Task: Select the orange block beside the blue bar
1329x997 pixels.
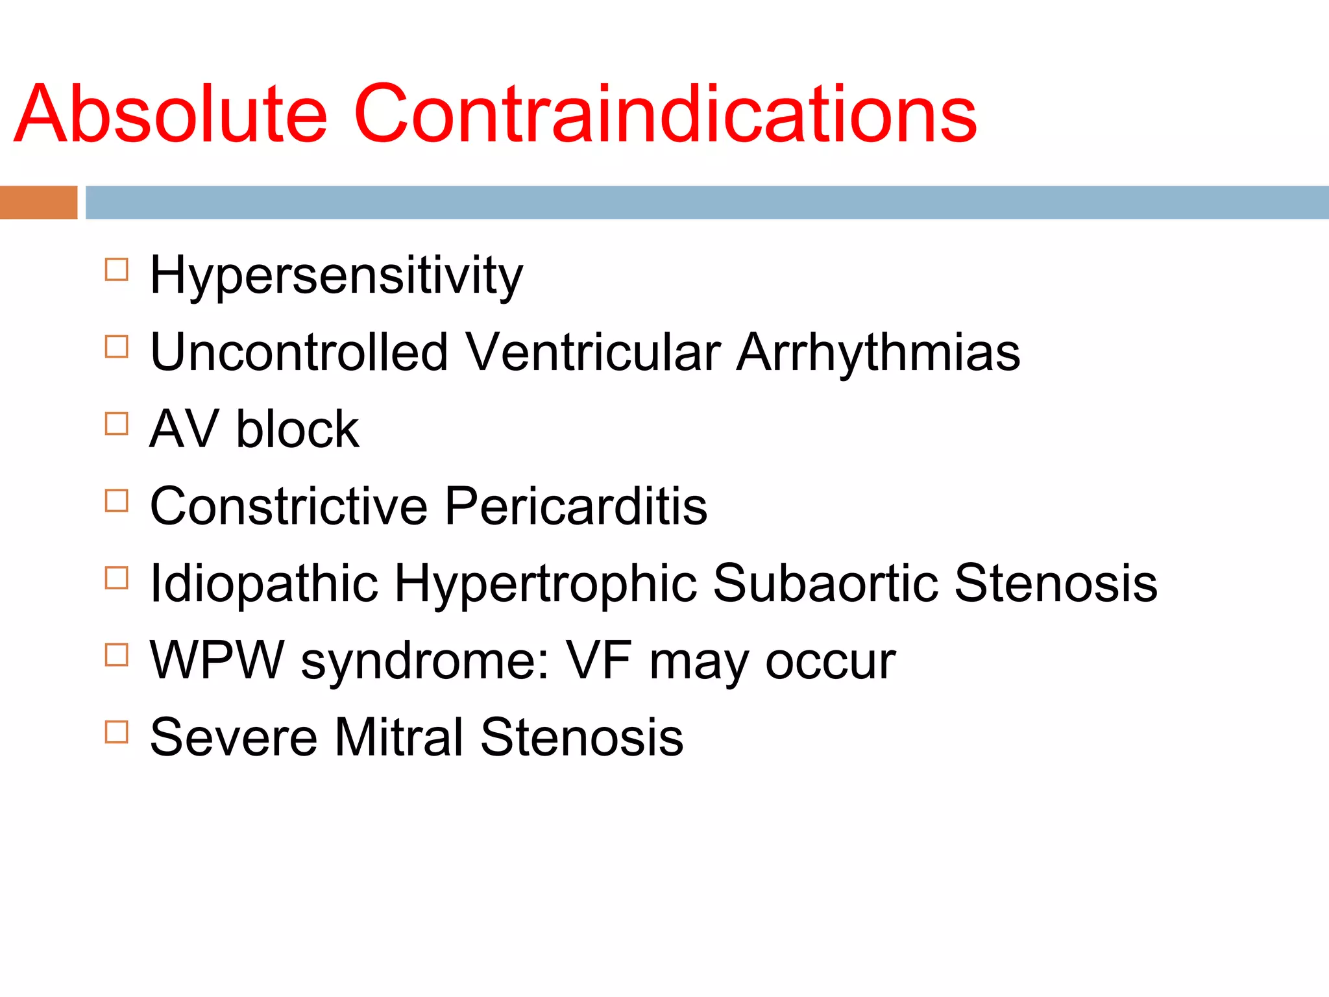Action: click(x=38, y=202)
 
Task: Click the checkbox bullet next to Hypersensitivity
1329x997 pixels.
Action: click(x=116, y=269)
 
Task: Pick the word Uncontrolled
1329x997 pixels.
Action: click(x=299, y=352)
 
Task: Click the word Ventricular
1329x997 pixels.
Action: click(x=593, y=352)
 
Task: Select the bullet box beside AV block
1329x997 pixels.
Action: click(x=116, y=424)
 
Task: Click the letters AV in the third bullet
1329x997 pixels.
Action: click(x=184, y=429)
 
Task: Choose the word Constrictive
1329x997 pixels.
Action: click(x=289, y=506)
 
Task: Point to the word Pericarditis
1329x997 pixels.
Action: click(x=576, y=506)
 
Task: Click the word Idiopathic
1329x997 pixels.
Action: click(x=263, y=584)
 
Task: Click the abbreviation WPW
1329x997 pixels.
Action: click(x=217, y=661)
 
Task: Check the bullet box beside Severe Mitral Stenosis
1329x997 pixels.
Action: click(x=116, y=732)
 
